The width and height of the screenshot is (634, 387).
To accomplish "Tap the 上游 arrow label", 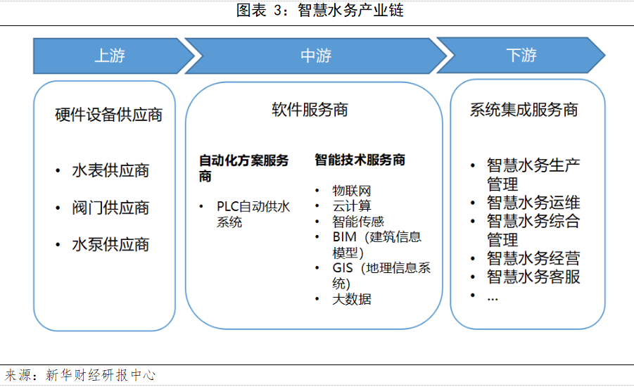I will click(x=110, y=56).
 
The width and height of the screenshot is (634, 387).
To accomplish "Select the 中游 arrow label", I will click(x=316, y=56).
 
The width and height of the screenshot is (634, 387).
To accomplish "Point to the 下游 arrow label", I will click(x=521, y=56).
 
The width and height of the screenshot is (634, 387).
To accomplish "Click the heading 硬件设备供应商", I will click(x=109, y=115).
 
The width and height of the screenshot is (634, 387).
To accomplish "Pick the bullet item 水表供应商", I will click(x=111, y=171).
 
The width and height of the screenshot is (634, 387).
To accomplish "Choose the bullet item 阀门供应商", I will click(x=111, y=208).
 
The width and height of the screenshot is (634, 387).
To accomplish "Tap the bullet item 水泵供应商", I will click(x=111, y=245).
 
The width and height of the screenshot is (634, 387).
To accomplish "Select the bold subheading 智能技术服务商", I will click(x=360, y=160).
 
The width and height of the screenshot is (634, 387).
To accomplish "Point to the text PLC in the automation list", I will click(x=228, y=207).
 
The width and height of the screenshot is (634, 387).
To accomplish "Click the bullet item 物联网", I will click(x=352, y=191).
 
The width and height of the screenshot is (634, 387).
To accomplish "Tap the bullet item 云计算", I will click(x=352, y=206).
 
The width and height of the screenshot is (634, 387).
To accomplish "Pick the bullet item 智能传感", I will click(x=358, y=222).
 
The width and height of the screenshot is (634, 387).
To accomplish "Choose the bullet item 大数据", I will click(x=352, y=299).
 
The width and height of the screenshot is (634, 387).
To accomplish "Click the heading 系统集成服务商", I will click(x=524, y=110).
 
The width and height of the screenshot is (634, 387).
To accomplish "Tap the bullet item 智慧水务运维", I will click(x=533, y=203).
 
